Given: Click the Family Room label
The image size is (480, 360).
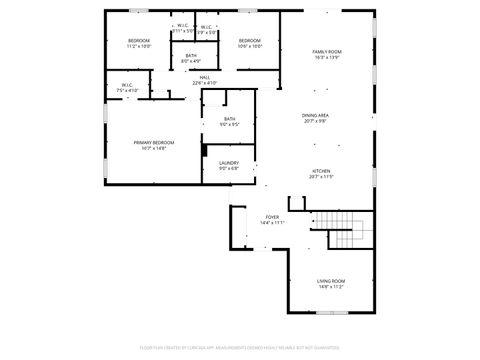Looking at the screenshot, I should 327,51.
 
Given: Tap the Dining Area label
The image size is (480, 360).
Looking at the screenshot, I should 316,115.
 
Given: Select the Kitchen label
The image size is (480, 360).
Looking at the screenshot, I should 321,171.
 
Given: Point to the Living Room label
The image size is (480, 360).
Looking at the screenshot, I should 330,281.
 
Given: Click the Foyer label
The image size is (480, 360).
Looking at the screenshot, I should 271,217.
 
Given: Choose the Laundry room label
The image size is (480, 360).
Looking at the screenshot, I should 228,162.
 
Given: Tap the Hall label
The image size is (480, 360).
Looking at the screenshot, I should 204,77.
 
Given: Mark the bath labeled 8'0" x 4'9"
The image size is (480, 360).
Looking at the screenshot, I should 190,56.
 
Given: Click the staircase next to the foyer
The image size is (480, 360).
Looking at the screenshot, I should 345,231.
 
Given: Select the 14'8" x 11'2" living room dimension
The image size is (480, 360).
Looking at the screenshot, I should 330,287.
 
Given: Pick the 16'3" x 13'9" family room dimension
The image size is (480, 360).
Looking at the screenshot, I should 327,57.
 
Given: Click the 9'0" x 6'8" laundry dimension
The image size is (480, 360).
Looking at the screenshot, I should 228,168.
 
